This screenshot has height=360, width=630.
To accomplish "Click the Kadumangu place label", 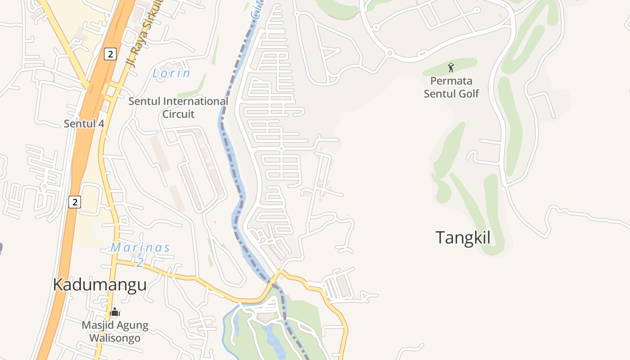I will point(99,285).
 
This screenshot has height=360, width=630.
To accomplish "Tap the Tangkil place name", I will point(463,238).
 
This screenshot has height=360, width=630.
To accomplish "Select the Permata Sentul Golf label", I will point(451,87).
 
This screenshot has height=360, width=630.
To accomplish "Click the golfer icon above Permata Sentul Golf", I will point(451,68).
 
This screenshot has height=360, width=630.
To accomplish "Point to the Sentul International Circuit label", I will point(178,108).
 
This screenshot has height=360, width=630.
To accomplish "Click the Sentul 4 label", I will point(84,123).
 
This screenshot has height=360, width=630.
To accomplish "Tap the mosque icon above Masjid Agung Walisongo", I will point(115,312).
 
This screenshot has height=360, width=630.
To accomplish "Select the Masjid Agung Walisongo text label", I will point(115,332).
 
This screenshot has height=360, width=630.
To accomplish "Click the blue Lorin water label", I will point(171,73).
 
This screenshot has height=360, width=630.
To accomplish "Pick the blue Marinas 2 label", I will point(140,253).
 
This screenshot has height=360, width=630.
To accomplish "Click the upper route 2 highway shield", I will point(110,54).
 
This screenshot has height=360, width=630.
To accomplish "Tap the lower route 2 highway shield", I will point(75,202).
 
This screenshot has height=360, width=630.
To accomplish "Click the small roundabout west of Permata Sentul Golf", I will point(390,53).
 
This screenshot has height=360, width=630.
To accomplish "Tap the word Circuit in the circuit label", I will point(178,114).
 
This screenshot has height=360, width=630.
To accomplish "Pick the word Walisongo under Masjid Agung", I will point(115,338).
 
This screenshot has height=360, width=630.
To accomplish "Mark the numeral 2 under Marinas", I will point(140,262).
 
